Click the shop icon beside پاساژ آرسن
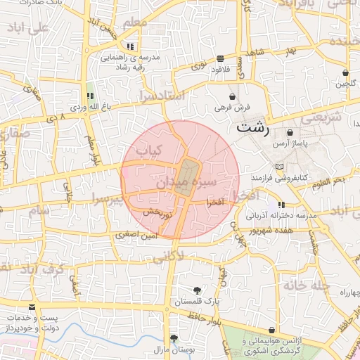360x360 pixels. pos(290,132)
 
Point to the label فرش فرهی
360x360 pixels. pos(232,108)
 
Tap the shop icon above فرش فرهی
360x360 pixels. pos(232,96)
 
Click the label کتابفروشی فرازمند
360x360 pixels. pos(282,177)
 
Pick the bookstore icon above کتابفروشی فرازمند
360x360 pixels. pos(281,167)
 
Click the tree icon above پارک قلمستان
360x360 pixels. pos(198,290)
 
